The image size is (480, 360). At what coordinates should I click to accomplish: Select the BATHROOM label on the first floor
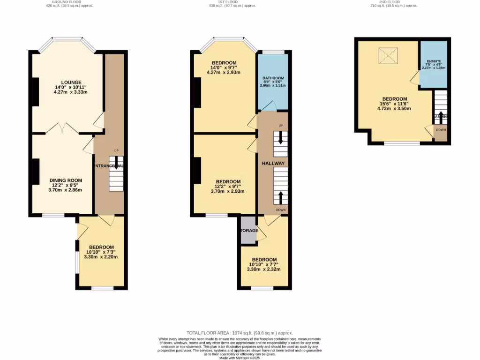273,78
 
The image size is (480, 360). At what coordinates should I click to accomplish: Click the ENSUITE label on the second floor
434,62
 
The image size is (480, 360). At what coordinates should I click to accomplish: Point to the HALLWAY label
273,163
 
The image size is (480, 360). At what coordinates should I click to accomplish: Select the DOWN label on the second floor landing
441,130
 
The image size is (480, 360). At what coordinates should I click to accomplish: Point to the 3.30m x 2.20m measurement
101,257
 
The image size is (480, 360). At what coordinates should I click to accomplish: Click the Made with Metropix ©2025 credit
240,358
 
